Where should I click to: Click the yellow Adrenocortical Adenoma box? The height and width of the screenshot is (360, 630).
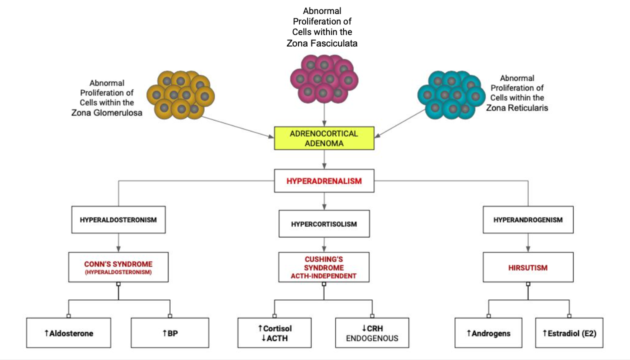324,138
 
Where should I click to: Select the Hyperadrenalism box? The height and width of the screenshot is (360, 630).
324,181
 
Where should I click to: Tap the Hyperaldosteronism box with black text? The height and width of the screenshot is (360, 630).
118,219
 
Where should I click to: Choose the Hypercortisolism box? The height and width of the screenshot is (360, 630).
324,223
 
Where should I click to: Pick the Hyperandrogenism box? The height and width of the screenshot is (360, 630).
527,219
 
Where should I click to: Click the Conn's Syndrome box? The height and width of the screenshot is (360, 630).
118,267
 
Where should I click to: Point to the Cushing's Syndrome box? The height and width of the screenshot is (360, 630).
324,267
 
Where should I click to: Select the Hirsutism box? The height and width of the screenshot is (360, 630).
527,267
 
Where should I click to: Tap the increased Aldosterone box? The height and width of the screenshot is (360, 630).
68,332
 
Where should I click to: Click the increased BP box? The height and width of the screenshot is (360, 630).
170,332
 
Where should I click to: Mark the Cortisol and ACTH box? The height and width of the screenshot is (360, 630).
274,332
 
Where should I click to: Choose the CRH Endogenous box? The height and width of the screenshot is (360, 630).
372,332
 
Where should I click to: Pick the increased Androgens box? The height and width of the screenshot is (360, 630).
488,332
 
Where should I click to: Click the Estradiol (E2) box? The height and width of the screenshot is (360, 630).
568,332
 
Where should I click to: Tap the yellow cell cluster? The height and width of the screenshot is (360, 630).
180,94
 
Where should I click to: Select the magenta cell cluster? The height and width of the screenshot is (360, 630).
324,78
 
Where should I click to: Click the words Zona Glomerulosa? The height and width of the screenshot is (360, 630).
106,112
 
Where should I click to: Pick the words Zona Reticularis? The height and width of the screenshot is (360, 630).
517,107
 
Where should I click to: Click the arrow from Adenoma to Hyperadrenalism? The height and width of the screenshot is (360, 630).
324,159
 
